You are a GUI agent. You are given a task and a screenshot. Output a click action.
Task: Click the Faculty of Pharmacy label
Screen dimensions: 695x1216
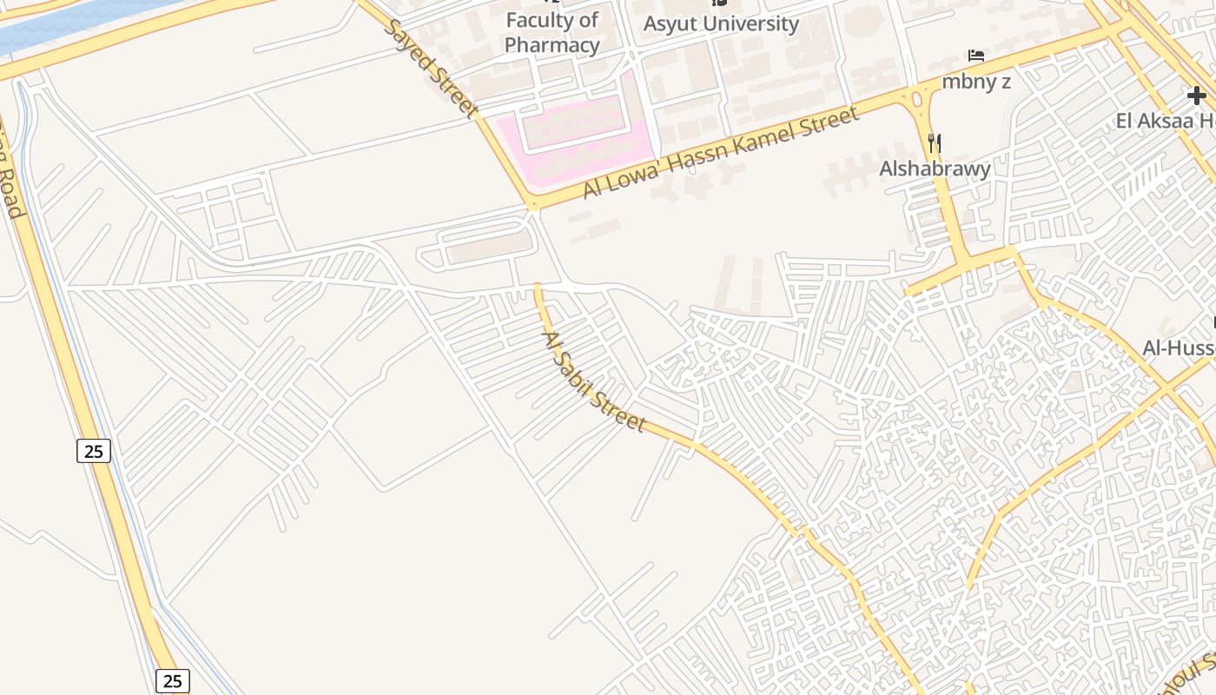[552, 33]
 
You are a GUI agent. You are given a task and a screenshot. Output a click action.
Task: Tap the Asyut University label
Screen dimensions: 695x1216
[720, 23]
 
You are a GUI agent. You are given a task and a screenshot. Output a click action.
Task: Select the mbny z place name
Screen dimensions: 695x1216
[976, 82]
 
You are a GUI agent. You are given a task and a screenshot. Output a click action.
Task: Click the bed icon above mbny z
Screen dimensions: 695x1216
[976, 56]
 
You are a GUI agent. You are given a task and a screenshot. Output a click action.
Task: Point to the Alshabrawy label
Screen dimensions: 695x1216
[935, 169]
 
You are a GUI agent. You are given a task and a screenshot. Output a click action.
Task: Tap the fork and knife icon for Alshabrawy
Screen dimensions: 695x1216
[935, 142]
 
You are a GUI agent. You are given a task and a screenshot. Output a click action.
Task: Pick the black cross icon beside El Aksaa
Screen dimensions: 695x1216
[1197, 96]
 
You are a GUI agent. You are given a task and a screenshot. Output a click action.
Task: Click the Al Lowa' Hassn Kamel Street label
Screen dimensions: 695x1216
[721, 152]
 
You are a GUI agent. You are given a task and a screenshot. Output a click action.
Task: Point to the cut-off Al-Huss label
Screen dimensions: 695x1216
[1178, 348]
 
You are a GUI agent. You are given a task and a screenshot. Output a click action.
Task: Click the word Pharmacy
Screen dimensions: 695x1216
[552, 45]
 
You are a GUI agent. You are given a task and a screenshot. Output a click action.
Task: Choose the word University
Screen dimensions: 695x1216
[752, 23]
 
